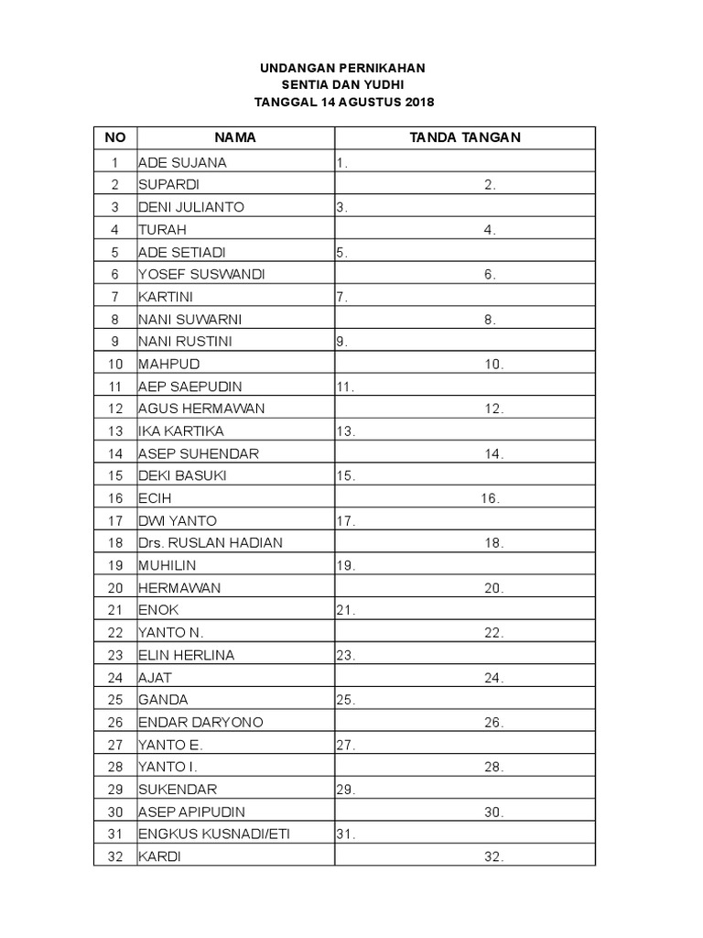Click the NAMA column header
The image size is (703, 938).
click(235, 137)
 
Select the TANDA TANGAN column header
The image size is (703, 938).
click(465, 137)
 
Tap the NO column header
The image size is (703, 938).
click(115, 137)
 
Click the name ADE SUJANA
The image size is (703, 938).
click(182, 163)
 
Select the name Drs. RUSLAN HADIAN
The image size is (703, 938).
click(210, 543)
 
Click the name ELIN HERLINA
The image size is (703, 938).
click(186, 655)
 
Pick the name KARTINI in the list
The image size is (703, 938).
click(166, 297)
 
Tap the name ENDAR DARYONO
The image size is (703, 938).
click(200, 723)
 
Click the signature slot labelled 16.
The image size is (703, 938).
click(490, 498)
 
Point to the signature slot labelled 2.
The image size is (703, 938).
click(491, 185)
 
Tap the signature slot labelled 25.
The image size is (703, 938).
click(345, 700)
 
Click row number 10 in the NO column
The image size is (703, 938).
click(115, 365)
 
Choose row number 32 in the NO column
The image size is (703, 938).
click(115, 857)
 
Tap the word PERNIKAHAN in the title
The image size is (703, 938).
click(381, 68)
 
